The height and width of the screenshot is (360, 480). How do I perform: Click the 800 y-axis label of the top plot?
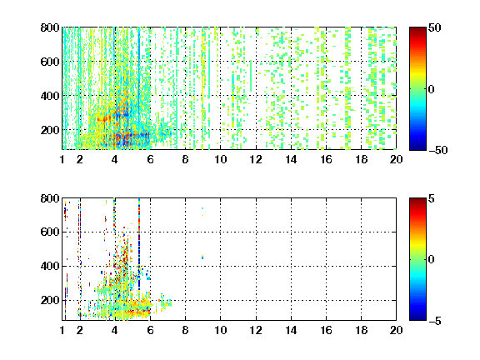click(x=50, y=27)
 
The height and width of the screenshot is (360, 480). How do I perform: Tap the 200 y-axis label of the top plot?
click(x=50, y=130)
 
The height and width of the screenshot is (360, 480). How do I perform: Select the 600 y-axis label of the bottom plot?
click(x=50, y=232)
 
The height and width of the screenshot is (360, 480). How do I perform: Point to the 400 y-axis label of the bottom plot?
click(x=50, y=266)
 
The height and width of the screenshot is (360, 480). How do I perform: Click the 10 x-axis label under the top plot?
click(x=220, y=159)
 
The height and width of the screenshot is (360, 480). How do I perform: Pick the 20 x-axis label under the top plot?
click(x=396, y=159)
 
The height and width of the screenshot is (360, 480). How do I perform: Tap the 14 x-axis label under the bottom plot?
click(x=291, y=330)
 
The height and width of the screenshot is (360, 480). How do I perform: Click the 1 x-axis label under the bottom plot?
click(x=62, y=330)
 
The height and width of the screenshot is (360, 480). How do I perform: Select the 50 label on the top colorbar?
click(x=435, y=27)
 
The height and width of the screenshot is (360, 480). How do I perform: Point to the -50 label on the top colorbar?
click(x=438, y=150)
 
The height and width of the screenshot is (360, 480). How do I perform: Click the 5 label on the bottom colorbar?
click(x=432, y=198)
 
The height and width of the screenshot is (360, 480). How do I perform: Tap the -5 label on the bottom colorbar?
click(x=435, y=321)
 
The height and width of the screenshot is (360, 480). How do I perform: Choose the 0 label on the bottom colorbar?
click(x=432, y=260)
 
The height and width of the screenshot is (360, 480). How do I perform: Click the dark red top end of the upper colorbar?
click(x=417, y=28)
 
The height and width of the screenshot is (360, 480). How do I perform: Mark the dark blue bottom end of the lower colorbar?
click(x=417, y=319)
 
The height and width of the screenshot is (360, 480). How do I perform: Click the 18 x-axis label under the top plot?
click(x=361, y=159)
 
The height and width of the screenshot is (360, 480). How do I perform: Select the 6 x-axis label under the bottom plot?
click(x=150, y=330)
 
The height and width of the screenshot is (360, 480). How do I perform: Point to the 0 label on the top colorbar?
click(x=432, y=89)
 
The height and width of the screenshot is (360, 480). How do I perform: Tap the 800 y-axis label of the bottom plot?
click(x=50, y=198)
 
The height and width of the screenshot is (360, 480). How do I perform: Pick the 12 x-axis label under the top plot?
click(x=256, y=159)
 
